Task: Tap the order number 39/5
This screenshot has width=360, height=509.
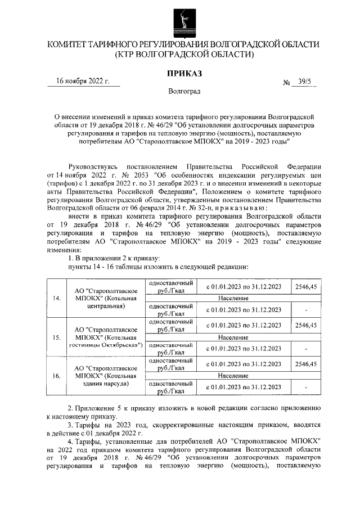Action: tap(304, 82)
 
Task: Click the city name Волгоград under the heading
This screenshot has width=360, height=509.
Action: tap(184, 91)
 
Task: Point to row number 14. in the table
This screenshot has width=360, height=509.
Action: tap(56, 298)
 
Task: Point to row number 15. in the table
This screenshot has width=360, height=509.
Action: tap(56, 337)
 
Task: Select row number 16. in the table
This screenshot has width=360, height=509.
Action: tap(56, 376)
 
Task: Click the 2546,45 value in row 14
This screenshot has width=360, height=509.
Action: tap(305, 286)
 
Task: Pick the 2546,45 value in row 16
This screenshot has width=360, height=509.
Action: tap(305, 364)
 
